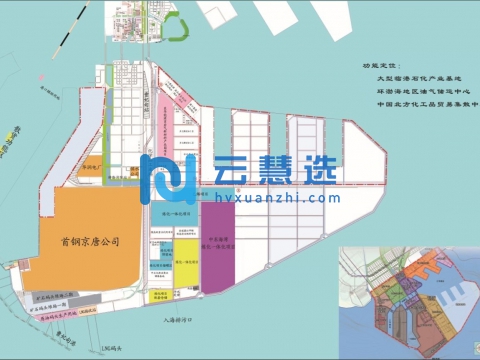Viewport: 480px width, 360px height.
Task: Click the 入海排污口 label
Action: (x=179, y=321)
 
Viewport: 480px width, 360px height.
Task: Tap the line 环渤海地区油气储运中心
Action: (x=419, y=90)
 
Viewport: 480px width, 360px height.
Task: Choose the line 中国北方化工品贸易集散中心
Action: (x=425, y=103)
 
